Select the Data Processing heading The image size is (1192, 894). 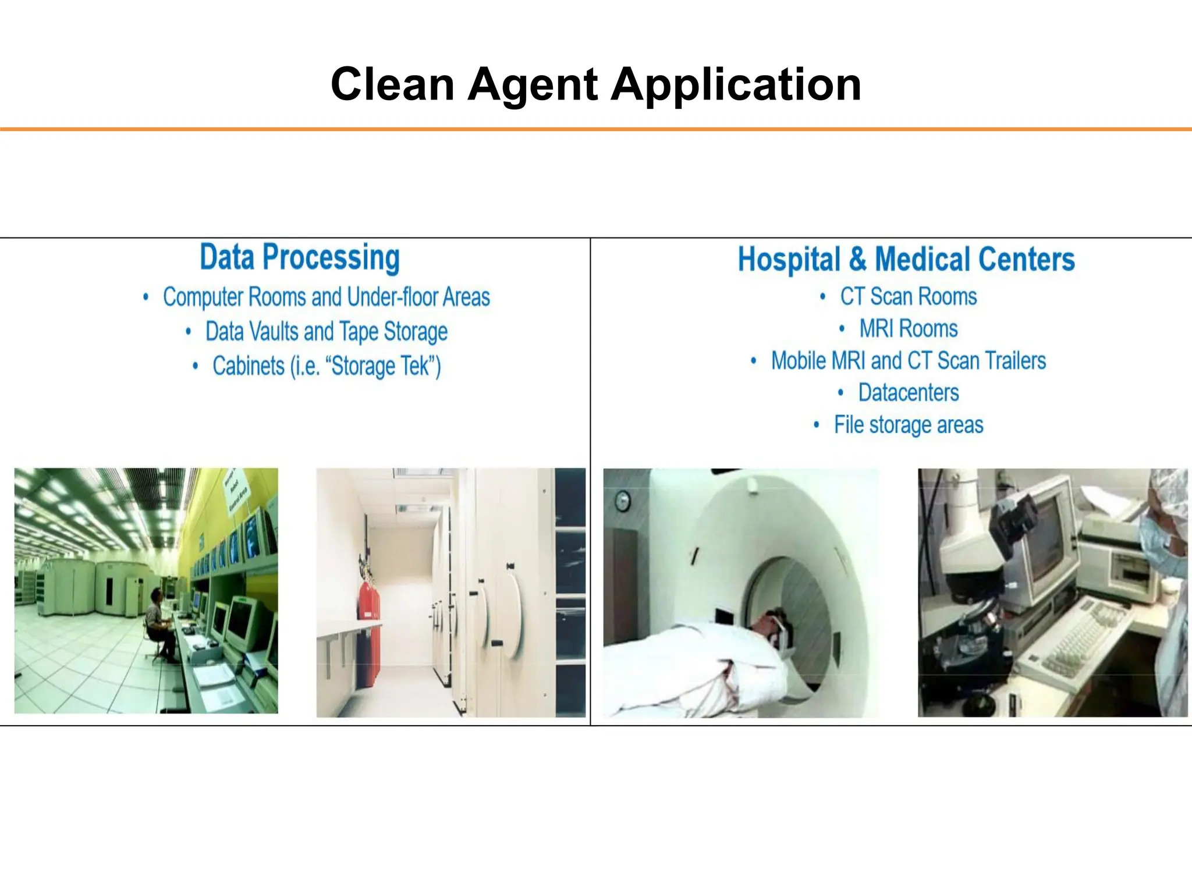click(300, 257)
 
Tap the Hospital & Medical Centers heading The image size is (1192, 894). click(906, 260)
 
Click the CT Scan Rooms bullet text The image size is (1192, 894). click(908, 297)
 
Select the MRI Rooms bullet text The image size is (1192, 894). click(908, 329)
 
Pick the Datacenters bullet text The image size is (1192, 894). click(908, 393)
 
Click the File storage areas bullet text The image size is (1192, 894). click(908, 425)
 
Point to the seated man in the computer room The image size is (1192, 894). click(158, 623)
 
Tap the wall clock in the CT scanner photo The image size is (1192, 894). click(623, 500)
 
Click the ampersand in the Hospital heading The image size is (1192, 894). click(857, 260)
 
